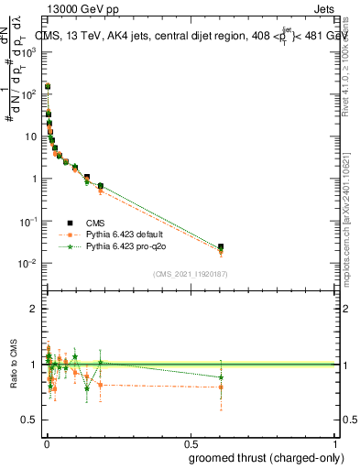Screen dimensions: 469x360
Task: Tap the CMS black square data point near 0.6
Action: coord(221,246)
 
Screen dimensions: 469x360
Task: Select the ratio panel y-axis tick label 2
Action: coord(34,309)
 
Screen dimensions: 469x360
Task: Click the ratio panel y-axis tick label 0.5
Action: coord(30,420)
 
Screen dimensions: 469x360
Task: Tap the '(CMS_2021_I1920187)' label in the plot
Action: coord(190,272)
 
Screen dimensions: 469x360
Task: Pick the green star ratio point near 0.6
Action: coord(221,376)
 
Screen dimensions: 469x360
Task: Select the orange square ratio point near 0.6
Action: coord(221,387)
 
